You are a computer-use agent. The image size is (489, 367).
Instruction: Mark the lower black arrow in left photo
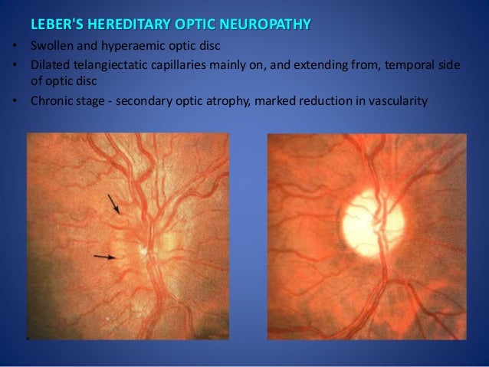(104, 257)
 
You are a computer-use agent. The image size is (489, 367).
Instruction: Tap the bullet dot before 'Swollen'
(15, 48)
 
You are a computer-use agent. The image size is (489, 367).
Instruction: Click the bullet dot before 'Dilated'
(15, 67)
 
